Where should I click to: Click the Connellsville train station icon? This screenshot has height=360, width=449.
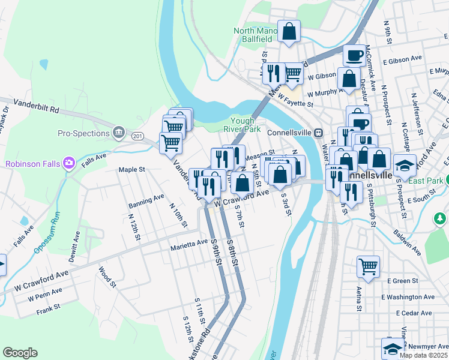click(319, 133)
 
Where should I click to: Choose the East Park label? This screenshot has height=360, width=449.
click(427, 180)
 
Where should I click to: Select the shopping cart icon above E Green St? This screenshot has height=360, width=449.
click(368, 266)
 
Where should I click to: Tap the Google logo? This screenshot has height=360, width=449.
click(20, 353)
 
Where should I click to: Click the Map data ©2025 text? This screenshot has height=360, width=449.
click(424, 355)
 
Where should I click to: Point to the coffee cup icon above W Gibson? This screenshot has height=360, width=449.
click(355, 55)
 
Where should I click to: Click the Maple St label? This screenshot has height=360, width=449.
click(132, 170)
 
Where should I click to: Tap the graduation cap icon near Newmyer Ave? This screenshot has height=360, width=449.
click(393, 349)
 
